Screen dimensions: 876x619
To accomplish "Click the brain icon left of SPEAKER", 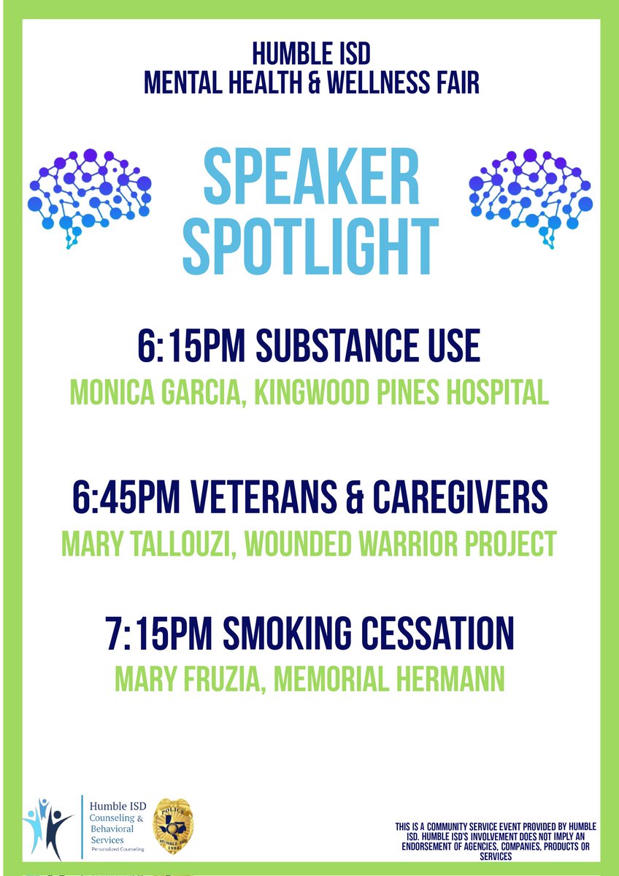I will pyautogui.click(x=89, y=197).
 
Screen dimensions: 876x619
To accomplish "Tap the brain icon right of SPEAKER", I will pyautogui.click(x=531, y=197).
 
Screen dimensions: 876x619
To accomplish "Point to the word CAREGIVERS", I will pyautogui.click(x=475, y=499).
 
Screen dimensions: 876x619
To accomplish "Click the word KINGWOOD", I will pyautogui.click(x=307, y=393).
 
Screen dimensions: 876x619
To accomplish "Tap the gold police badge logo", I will pyautogui.click(x=173, y=829).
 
